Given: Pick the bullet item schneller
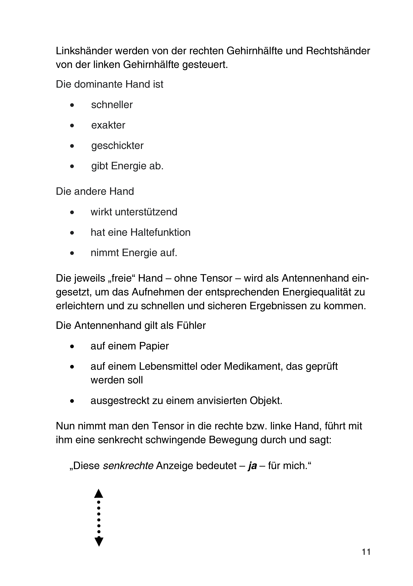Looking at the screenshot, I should [112, 105].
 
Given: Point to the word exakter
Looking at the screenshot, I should [108, 125].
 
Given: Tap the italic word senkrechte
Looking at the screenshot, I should [128, 466].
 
